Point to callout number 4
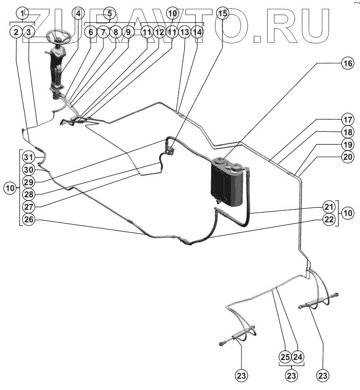coord(78,13)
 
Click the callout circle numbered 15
coord(223,13)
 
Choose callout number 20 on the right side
coord(347,157)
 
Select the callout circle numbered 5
coord(109,13)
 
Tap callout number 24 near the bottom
coord(297,357)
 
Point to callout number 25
coord(285,357)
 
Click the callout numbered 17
coord(347,118)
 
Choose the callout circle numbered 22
coord(329,219)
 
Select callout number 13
coord(185,31)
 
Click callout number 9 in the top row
coord(128,31)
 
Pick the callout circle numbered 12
coord(159,31)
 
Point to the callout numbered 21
coord(329,206)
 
